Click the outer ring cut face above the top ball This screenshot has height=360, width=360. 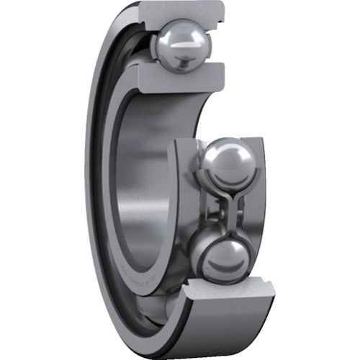189,15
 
